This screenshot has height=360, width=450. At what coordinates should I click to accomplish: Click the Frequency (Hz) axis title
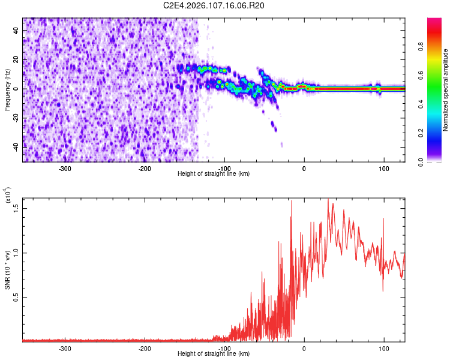coord(8,89)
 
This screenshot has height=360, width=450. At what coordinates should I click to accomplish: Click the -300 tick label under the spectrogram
coord(65,168)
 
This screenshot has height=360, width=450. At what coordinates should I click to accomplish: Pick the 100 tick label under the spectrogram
coord(383,168)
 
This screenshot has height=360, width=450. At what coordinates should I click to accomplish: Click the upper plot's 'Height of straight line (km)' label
coord(214,173)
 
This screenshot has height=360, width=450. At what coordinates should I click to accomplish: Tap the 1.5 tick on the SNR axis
coord(17,207)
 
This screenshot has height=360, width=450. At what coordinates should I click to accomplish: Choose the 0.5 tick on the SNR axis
coord(17,297)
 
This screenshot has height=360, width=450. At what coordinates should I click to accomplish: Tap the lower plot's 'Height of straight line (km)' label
coord(214,353)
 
